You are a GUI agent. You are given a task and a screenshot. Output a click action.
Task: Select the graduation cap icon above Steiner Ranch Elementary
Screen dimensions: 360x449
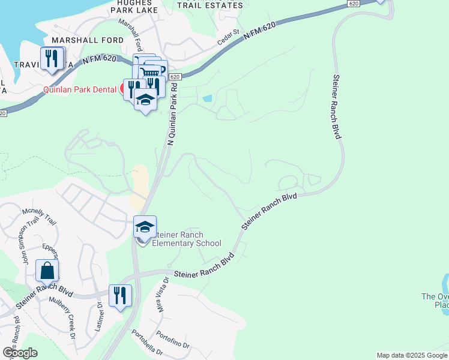tap(145, 227)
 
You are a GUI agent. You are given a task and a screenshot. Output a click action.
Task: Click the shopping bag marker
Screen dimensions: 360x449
tap(47, 271)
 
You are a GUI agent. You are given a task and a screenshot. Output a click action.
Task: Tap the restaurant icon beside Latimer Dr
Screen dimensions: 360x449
tap(120, 296)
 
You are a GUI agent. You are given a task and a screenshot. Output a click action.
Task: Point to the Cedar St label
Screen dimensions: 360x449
tap(229, 39)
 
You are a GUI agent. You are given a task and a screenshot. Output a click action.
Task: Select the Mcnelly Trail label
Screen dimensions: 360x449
tap(40, 216)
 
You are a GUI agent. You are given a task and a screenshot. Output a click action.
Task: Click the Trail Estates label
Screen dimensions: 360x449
tap(211, 5)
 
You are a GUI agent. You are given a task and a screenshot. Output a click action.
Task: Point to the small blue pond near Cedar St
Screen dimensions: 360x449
tap(207, 98)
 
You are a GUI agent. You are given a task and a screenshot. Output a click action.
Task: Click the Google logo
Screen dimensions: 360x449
tap(20, 352)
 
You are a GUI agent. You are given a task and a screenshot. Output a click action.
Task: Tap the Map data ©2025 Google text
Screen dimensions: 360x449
tap(412, 355)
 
